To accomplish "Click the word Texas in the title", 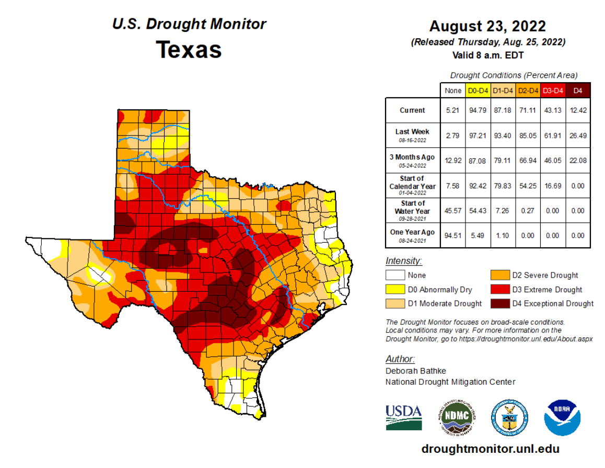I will (x=189, y=50).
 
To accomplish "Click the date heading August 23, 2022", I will (x=487, y=26).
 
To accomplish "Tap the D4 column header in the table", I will (x=578, y=90).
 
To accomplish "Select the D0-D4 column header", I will (x=478, y=90).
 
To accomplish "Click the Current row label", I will (x=412, y=110).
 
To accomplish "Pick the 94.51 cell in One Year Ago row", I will (x=453, y=236).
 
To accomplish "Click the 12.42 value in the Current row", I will (x=578, y=110).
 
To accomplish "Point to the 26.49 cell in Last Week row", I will (x=578, y=135).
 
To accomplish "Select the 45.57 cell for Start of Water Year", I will (x=453, y=211).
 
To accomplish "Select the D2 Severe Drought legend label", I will (x=545, y=275).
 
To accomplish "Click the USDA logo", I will (x=403, y=417).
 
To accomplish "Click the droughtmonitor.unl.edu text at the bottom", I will (x=490, y=449).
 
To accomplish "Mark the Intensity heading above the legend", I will (x=403, y=261).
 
